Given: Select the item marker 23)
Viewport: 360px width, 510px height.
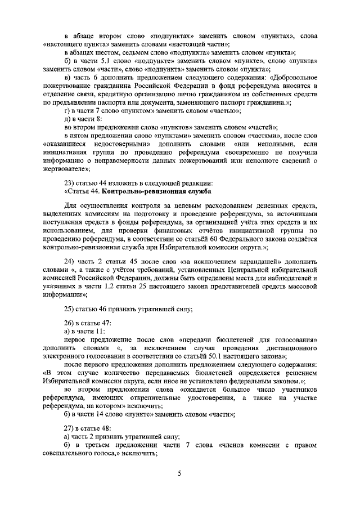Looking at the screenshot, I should pos(71,182).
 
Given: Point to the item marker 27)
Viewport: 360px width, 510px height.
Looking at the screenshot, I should pos(71,427).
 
